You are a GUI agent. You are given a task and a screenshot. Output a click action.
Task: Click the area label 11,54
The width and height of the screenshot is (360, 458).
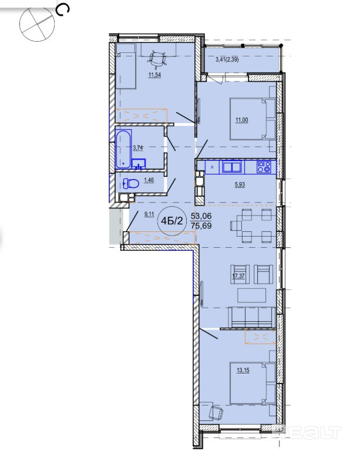pos(155,75)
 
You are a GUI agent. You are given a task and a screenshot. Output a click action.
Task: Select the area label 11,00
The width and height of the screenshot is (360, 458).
pos(242,120)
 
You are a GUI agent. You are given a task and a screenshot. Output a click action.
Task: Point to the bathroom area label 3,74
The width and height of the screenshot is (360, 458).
pos(138,147)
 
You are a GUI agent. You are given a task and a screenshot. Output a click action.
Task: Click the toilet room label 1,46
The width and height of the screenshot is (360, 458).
pos(149,180)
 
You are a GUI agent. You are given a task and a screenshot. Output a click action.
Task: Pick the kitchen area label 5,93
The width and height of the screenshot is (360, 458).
pos(240,184)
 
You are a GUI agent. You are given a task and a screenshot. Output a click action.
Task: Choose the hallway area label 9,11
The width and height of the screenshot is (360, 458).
pos(149,214)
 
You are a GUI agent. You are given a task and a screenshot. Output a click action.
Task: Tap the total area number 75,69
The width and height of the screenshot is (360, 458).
pos(201,225)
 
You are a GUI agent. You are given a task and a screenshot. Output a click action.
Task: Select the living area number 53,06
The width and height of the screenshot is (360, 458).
pos(201,217)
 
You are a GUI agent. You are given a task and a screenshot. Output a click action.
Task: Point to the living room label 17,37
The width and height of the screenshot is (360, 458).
pos(238,276)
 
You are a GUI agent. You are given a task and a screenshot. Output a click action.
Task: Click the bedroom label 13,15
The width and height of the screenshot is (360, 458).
pos(243,371)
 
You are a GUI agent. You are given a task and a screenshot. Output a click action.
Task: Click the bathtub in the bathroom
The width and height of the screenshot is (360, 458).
pos(123,149)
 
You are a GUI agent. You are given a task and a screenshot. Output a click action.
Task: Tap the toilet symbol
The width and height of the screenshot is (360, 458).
pos(131,184)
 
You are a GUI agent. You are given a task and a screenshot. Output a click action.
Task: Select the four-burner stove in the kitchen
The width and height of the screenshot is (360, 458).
pos(264,167)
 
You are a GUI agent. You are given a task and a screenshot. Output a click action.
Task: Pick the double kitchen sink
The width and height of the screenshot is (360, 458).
pos(232,167)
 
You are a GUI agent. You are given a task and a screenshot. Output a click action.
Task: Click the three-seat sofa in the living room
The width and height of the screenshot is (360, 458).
pos(252,317)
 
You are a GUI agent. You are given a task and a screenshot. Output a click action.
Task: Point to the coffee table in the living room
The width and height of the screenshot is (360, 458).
pos(251,295)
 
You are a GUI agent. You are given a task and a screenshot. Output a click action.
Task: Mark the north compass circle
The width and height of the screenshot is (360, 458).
pos(37,24)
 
